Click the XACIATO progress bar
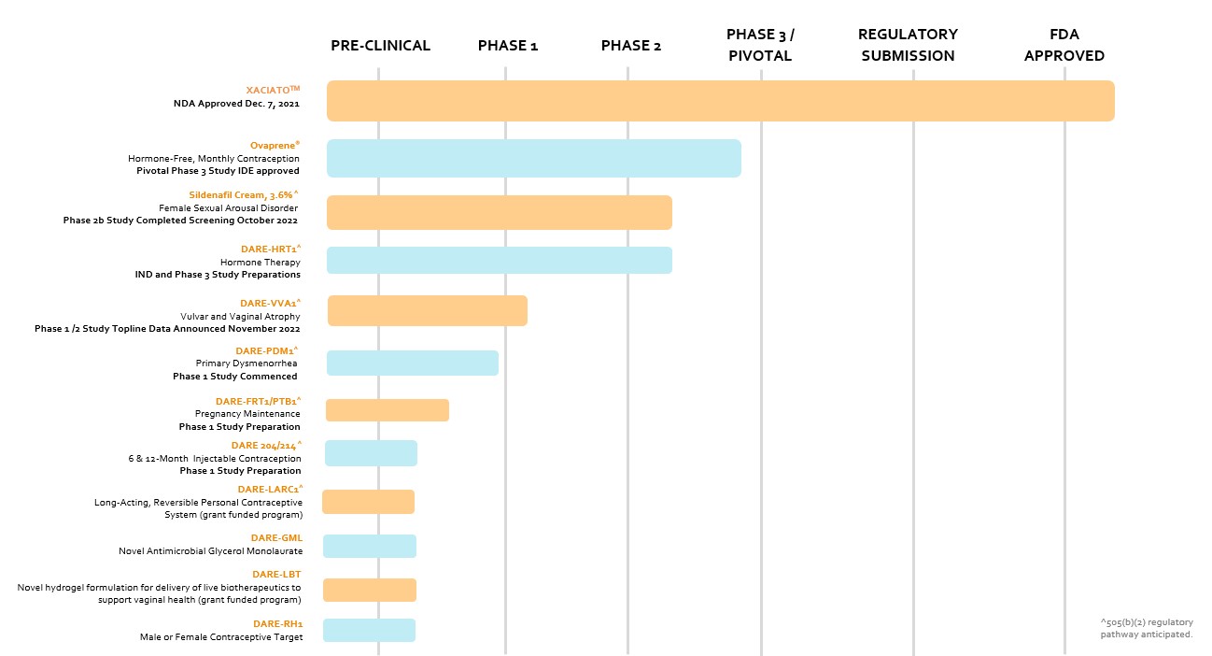(x=720, y=101)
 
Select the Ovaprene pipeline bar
(x=533, y=159)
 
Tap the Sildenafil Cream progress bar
(x=499, y=213)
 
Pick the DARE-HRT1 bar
(x=499, y=261)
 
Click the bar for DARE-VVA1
(x=427, y=311)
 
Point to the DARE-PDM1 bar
(x=412, y=364)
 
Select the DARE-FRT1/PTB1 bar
(x=387, y=410)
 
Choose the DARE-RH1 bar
(x=369, y=631)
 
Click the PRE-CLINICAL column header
(x=380, y=46)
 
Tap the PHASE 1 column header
(x=507, y=46)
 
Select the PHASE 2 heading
(x=630, y=46)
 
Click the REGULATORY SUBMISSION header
(x=908, y=45)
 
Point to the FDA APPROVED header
(x=1064, y=45)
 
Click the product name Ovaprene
(x=275, y=146)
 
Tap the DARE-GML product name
(x=276, y=538)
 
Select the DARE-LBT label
(x=276, y=575)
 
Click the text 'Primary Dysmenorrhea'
(x=247, y=364)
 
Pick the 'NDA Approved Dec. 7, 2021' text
(x=236, y=104)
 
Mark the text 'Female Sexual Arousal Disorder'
(x=228, y=208)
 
